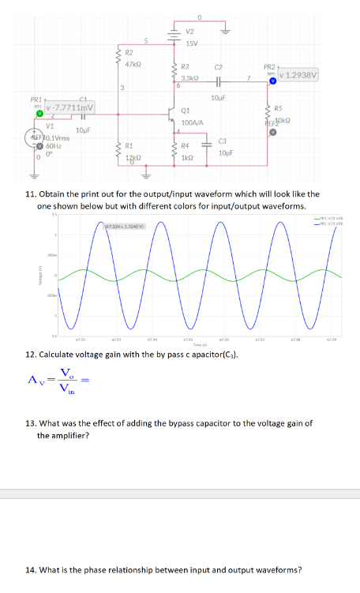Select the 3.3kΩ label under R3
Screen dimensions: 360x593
click(189, 78)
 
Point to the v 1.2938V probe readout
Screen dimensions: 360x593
click(298, 76)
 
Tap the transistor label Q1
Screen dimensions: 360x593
click(186, 111)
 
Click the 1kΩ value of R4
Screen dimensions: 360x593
click(186, 158)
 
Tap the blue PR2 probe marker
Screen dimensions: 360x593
click(272, 81)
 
